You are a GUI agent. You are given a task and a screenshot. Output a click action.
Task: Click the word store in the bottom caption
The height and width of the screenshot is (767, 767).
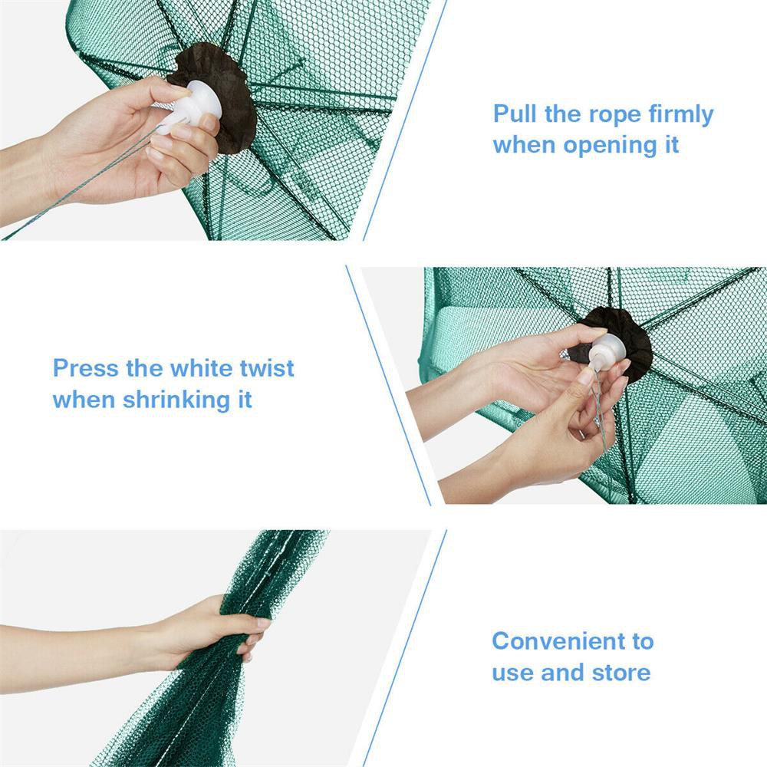click(621, 673)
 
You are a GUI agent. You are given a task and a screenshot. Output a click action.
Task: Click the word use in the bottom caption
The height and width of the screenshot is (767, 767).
click(513, 673)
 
